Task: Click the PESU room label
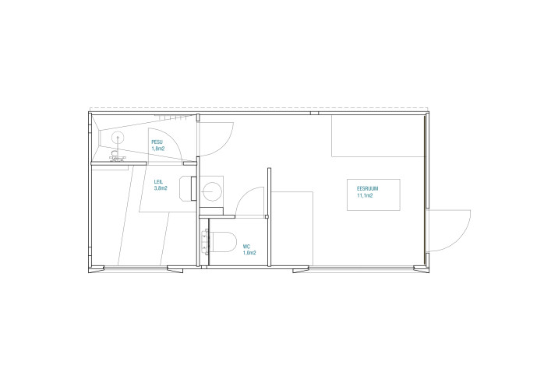[157, 142]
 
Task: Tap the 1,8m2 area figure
[158, 149]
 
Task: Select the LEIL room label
[158, 182]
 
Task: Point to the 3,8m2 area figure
[161, 188]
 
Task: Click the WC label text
[246, 247]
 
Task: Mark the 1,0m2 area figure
[249, 253]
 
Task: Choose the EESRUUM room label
[368, 189]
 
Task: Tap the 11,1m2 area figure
[365, 196]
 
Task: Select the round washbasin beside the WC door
[212, 191]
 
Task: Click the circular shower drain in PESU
[118, 138]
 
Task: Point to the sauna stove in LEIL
[188, 188]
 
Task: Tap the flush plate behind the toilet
[205, 242]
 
